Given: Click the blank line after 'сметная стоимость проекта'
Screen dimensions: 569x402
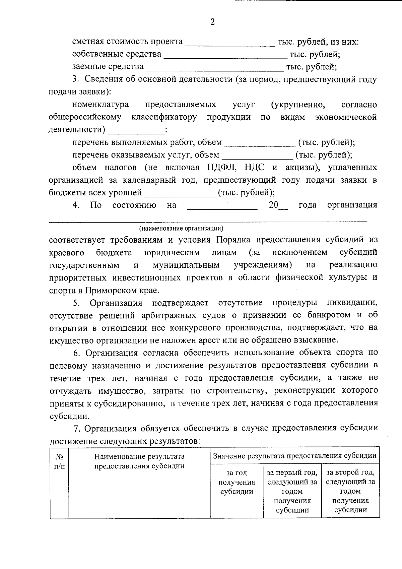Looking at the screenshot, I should click(x=230, y=44).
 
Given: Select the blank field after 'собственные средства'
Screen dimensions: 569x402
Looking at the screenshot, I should click(x=225, y=56).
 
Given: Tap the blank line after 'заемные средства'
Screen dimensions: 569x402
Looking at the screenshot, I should click(x=215, y=69).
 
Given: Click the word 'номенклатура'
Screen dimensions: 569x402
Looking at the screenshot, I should click(x=100, y=105).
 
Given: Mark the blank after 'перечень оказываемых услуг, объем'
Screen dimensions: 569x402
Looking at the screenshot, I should click(x=257, y=157).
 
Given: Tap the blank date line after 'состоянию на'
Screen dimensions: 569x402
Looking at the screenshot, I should click(x=222, y=207).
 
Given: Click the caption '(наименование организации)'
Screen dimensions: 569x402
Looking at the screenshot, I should click(x=181, y=229).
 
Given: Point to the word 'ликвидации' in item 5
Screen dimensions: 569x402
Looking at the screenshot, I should click(x=352, y=303).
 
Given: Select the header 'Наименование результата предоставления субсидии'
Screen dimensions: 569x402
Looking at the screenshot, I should click(x=139, y=461).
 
